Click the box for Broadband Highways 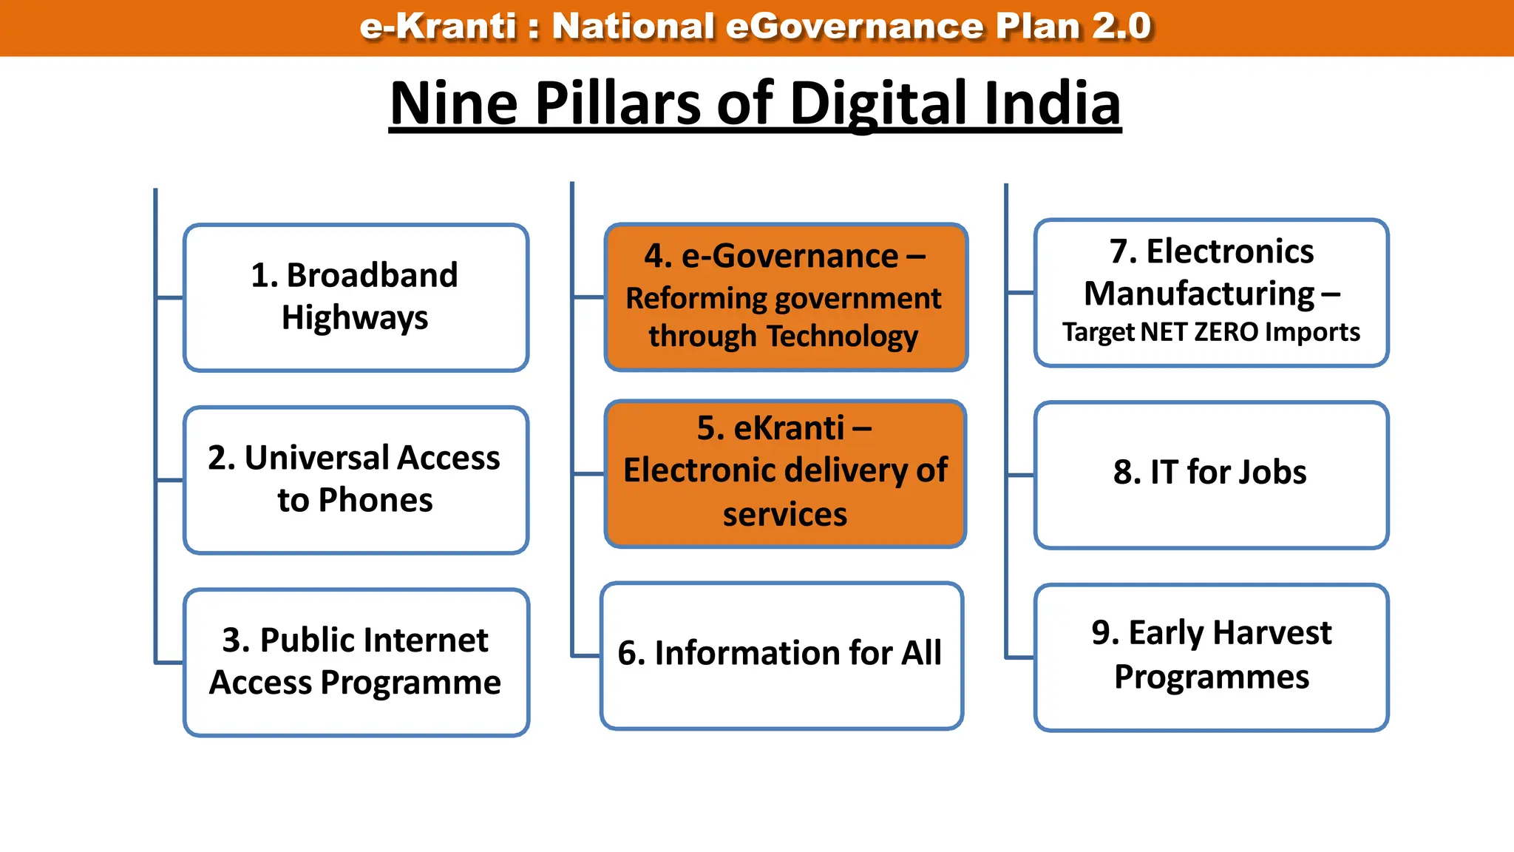tap(356, 297)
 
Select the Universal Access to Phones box tap(356, 479)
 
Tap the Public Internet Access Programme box tap(356, 662)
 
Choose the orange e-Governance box tap(786, 297)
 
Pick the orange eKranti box tap(785, 473)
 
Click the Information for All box tap(781, 655)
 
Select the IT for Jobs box tap(1211, 475)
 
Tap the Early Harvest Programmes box tap(1211, 657)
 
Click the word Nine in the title tap(453, 103)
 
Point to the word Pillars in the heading tap(618, 103)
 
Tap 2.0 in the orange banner tap(1121, 27)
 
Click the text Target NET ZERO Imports tap(1211, 332)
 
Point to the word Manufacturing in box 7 tap(1199, 294)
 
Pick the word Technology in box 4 tap(843, 337)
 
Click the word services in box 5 tap(785, 515)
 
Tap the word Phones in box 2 tap(376, 501)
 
